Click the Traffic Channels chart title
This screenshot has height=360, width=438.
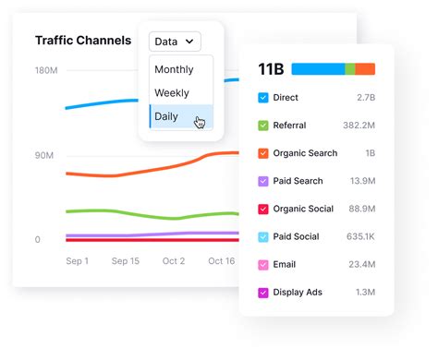[83, 41]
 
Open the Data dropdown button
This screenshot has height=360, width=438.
[175, 42]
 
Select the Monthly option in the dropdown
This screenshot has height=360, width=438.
[174, 69]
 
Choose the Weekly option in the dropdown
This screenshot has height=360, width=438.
[172, 93]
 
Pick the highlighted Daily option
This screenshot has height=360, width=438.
[167, 117]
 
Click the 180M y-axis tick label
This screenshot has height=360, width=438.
[48, 71]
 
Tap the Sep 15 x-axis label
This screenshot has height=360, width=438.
[126, 261]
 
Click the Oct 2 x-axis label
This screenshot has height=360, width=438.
[174, 261]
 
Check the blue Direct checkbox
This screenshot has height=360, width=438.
[263, 97]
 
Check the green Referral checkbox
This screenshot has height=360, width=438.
[263, 126]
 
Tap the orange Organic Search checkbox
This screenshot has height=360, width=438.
[263, 153]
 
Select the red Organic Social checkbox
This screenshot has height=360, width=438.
[263, 210]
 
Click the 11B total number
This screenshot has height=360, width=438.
[271, 69]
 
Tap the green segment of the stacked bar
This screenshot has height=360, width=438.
[350, 69]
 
